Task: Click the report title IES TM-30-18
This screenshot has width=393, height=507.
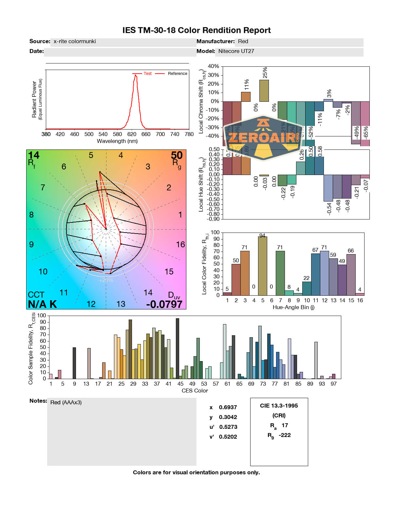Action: (x=196, y=30)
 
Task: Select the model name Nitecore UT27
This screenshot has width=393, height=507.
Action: (x=236, y=51)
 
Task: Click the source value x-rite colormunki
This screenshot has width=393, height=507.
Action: (x=75, y=42)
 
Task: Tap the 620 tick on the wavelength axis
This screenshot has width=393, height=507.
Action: (x=132, y=134)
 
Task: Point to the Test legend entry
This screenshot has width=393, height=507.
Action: (x=147, y=74)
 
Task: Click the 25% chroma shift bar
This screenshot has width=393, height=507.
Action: (x=264, y=91)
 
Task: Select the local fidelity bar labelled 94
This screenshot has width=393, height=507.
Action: (x=262, y=266)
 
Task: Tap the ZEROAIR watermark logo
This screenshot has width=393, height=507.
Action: (x=264, y=138)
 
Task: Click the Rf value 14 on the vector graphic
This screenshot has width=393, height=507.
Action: (x=33, y=155)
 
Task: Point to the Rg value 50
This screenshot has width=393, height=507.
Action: (x=177, y=155)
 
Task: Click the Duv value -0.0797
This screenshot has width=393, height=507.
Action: (x=164, y=304)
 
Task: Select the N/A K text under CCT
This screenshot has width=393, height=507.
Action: (x=42, y=304)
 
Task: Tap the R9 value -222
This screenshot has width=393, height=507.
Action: (x=285, y=435)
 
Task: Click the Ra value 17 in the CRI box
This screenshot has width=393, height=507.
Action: (x=285, y=426)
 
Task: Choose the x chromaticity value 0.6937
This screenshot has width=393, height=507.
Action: (x=228, y=408)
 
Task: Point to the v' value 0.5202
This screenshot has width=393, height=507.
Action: (x=228, y=437)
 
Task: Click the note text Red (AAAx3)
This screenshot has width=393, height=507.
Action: (x=66, y=403)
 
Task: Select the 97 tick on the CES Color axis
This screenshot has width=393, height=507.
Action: (x=333, y=384)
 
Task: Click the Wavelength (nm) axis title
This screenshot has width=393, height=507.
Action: (x=117, y=141)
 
